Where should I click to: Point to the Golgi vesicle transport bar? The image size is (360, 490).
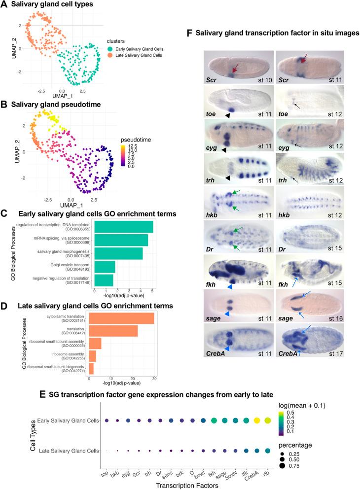point(104,267)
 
